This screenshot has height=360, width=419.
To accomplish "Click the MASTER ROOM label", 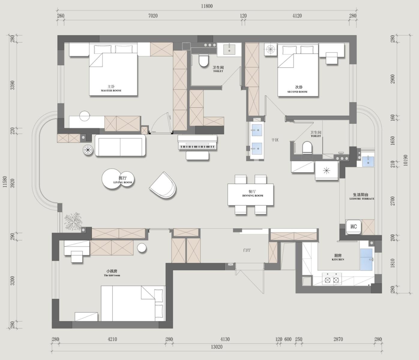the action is coord(111,91).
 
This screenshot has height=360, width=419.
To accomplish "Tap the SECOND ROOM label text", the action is coord(297,92).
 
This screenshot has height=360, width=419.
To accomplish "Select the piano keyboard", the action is coord(197,142).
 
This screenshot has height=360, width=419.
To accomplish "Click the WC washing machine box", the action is coord(354,227).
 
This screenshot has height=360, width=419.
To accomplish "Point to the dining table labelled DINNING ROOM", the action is coord(251,194).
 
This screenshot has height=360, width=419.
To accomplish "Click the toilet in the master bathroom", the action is coord(203,60).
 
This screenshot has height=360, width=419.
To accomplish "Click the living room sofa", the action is coord(120,145).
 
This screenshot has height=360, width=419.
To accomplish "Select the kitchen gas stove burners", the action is coord(332,280).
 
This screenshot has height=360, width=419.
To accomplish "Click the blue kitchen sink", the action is coord(366,259).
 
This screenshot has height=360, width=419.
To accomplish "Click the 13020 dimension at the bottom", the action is coord(217,347).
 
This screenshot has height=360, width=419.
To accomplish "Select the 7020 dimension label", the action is coord(153,16).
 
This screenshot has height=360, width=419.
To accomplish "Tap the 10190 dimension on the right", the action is coord(405,160).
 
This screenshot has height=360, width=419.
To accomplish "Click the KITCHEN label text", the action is coord(338,259).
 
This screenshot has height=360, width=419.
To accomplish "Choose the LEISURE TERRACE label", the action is coord(362,199).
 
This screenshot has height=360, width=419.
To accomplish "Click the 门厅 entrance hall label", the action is coord(247,250).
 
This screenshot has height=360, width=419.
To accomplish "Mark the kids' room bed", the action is coord(133,303).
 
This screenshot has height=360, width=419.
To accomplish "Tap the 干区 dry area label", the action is coord(275,140).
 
